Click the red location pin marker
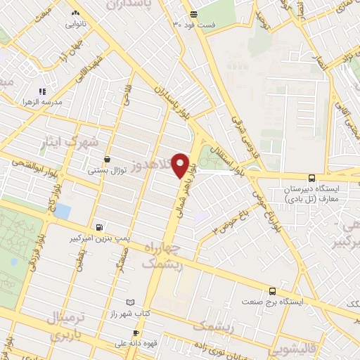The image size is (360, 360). [180, 165]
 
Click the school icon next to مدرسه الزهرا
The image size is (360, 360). [41, 91]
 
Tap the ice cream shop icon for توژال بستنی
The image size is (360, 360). [107, 160]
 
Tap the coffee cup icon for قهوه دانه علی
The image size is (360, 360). [136, 333]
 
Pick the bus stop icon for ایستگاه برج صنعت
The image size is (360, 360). [274, 291]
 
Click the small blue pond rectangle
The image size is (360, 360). [63, 210]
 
